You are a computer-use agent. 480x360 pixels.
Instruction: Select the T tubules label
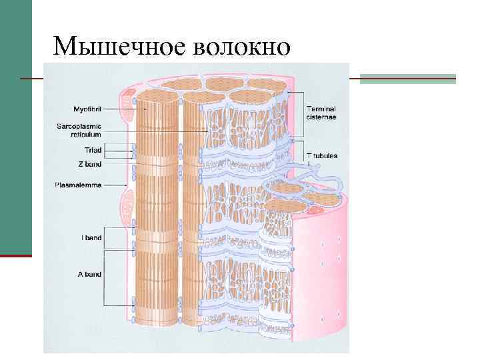(322, 155)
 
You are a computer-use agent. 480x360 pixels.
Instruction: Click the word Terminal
(321, 108)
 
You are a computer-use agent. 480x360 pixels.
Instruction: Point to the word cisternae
(321, 117)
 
